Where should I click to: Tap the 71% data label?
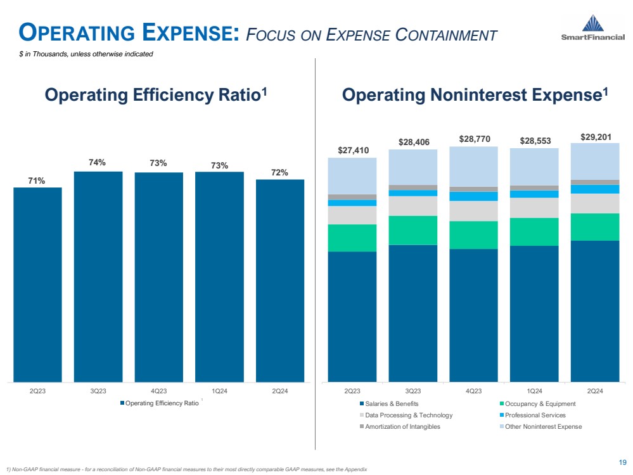coord(37,180)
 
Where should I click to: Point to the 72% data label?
coord(280,172)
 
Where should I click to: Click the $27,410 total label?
coord(352,150)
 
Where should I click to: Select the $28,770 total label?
coord(473,139)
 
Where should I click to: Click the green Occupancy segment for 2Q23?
coord(352,237)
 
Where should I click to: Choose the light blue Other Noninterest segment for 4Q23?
coord(473,166)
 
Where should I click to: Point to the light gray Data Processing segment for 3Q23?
coord(412,206)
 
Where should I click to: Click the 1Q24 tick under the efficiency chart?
coord(219,391)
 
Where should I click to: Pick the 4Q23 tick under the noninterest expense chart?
coord(473,391)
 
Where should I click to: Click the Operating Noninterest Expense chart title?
coord(475,96)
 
